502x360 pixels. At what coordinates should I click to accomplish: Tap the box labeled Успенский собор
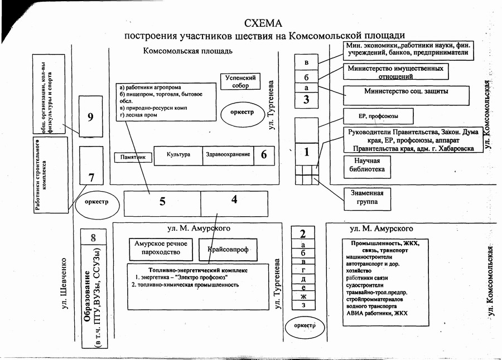point(240,82)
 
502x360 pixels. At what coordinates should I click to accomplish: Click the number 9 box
point(90,116)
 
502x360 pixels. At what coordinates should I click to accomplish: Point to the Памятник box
point(132,157)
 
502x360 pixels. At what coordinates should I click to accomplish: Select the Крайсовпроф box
point(228,250)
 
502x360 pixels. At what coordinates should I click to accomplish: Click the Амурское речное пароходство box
point(161,250)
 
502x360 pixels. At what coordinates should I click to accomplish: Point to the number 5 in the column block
point(162,202)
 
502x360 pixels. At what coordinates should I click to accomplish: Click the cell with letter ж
point(303,296)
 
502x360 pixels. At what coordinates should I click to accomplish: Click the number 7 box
point(91,177)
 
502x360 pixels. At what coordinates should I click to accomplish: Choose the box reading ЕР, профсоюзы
point(378,116)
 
